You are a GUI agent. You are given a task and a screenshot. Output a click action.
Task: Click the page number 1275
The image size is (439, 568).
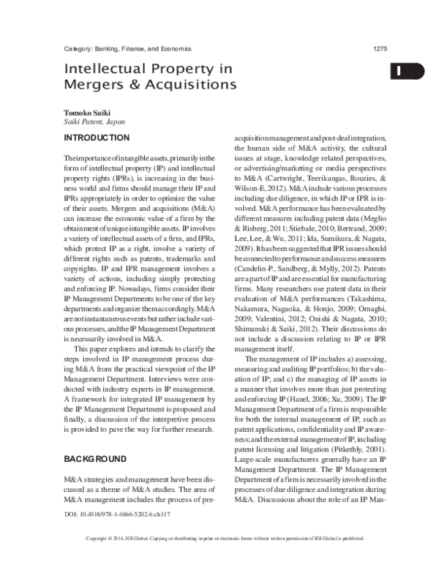(380, 48)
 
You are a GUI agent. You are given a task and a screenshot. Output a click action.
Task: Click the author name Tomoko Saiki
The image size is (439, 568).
(86, 115)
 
